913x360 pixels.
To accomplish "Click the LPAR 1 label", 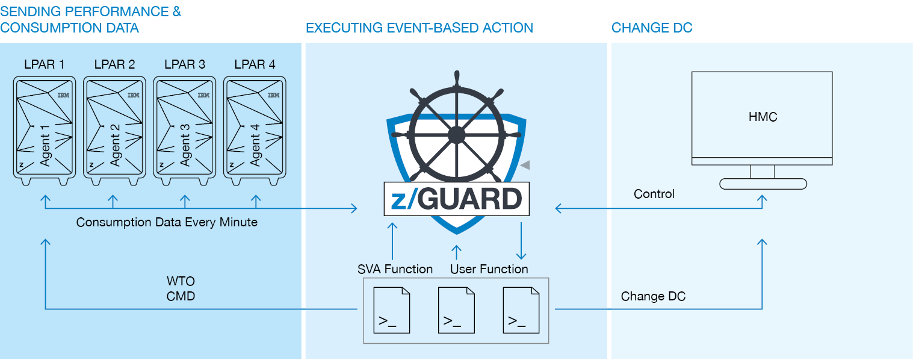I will point(45,64).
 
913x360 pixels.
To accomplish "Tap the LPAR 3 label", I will point(184,64).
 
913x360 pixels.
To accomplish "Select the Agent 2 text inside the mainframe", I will point(116,144).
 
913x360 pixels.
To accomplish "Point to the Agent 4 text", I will point(255,144).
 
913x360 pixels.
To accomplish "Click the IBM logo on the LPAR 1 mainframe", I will point(63,95).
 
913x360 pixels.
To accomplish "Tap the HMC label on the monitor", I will point(763,117).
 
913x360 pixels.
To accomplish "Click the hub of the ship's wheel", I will point(457,134).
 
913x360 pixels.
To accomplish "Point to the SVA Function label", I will point(395,269).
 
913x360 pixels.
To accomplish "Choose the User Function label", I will point(489,269).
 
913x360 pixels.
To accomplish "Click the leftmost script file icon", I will point(392,310).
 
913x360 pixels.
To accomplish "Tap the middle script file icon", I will point(456,310).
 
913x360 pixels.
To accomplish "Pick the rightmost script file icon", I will point(521,310).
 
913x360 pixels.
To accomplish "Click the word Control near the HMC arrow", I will point(654,194).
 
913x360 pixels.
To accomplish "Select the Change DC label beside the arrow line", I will point(653,296).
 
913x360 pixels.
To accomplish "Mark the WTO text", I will point(181,282).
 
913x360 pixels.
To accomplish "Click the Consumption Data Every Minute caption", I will point(167,222).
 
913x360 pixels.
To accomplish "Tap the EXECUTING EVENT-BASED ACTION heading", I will point(419,28).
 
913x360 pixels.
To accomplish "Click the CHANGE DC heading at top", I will point(651,28).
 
